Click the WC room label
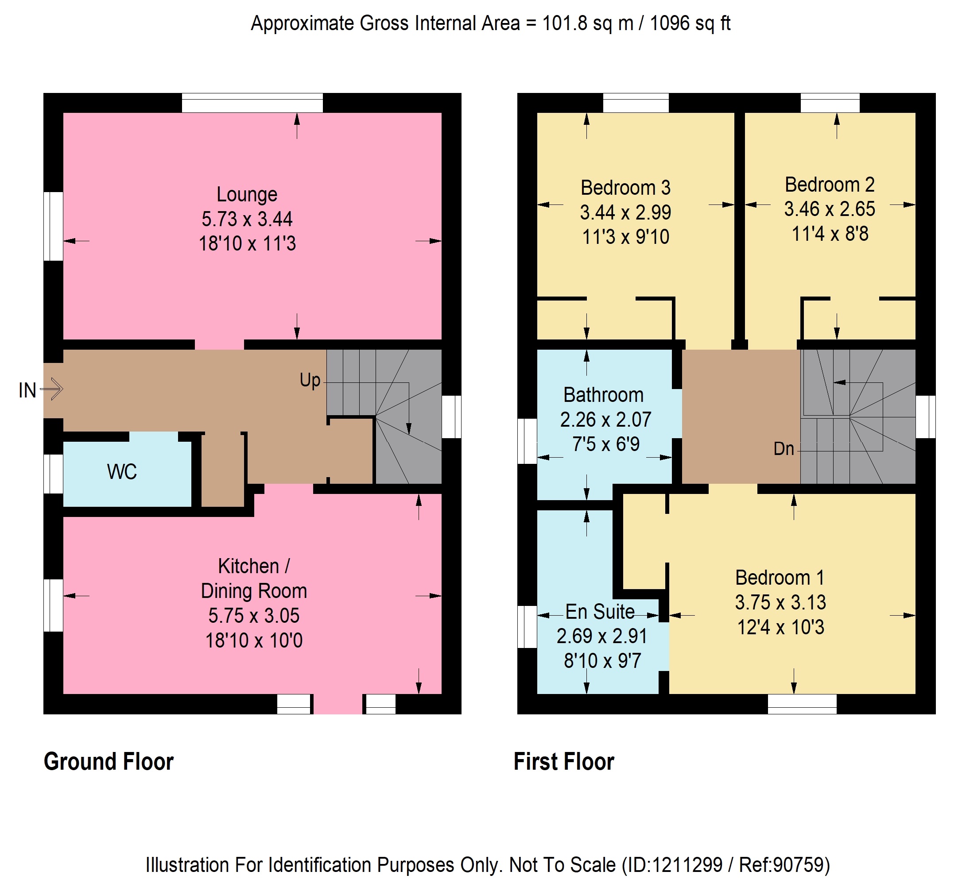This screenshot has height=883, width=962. [x=122, y=472]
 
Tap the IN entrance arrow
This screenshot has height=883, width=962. [x=51, y=389]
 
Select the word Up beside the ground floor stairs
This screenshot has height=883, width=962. [x=310, y=380]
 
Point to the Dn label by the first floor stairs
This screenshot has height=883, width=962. [x=784, y=449]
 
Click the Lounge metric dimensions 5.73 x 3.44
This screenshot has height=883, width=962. [x=247, y=220]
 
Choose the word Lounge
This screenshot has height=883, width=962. [x=247, y=194]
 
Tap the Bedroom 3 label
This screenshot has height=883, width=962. [x=625, y=188]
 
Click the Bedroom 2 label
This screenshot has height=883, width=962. [x=830, y=185]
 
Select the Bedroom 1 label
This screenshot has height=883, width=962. [x=780, y=578]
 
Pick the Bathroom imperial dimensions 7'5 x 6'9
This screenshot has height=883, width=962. [x=606, y=444]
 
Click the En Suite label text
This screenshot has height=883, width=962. [x=600, y=612]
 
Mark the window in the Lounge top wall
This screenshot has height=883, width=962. [x=252, y=103]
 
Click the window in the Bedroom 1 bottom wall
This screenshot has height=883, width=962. [x=802, y=704]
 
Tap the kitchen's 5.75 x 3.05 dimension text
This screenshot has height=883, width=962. [x=254, y=616]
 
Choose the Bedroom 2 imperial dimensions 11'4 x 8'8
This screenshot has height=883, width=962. [x=830, y=234]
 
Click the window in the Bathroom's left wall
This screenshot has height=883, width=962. [x=528, y=442]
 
